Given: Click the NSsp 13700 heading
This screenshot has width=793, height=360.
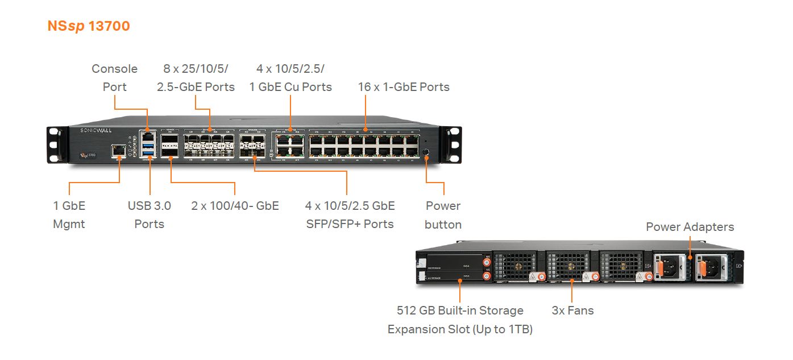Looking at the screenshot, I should (89, 26).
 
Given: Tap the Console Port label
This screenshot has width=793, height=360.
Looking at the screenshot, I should (114, 78).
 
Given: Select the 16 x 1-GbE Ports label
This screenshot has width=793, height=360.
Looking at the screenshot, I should (404, 87).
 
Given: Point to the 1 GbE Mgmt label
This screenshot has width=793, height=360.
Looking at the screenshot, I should (69, 215).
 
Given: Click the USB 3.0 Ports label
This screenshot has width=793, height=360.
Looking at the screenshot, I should (149, 215).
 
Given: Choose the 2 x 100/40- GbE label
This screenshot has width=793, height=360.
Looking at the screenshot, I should (235, 206).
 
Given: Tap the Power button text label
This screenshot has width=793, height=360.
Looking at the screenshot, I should (443, 215).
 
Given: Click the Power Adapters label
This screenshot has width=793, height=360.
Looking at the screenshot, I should (690, 227).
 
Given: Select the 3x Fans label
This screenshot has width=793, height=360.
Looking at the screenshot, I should (572, 311).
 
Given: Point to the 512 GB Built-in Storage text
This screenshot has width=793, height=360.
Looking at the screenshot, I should (460, 311).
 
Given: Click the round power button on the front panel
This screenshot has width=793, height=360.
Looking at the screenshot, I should (426, 151).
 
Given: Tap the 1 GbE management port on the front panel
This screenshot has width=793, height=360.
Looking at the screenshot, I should (119, 151).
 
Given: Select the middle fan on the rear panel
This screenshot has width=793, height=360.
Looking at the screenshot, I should (571, 266).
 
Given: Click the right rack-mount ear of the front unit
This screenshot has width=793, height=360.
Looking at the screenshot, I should (452, 145).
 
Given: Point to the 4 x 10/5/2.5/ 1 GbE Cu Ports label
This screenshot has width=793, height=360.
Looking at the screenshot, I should (290, 78).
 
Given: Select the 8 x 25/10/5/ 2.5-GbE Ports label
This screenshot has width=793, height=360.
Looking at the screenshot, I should (196, 78).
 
